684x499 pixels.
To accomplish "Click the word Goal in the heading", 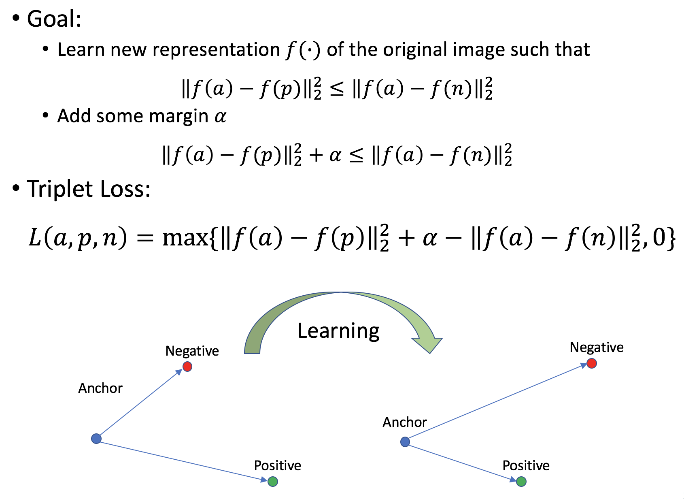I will click(53, 19).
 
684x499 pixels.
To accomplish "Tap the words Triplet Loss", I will click(88, 189).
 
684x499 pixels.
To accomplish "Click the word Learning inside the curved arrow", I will click(338, 331).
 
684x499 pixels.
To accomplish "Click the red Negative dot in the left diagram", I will click(187, 367).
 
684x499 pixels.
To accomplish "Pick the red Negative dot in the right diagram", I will click(591, 363).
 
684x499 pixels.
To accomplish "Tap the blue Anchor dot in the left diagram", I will click(96, 439).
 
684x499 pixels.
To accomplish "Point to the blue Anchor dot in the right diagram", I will click(405, 442).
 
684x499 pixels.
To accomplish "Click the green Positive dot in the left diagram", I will click(273, 482).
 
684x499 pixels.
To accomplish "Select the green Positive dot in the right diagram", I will click(521, 482).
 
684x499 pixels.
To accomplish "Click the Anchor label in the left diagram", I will click(100, 388).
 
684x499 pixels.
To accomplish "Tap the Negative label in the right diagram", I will click(597, 348).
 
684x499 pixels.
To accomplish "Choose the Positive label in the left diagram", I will click(277, 466).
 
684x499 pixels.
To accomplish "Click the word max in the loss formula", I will click(185, 238).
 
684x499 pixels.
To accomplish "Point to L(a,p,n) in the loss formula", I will click(77, 238).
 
